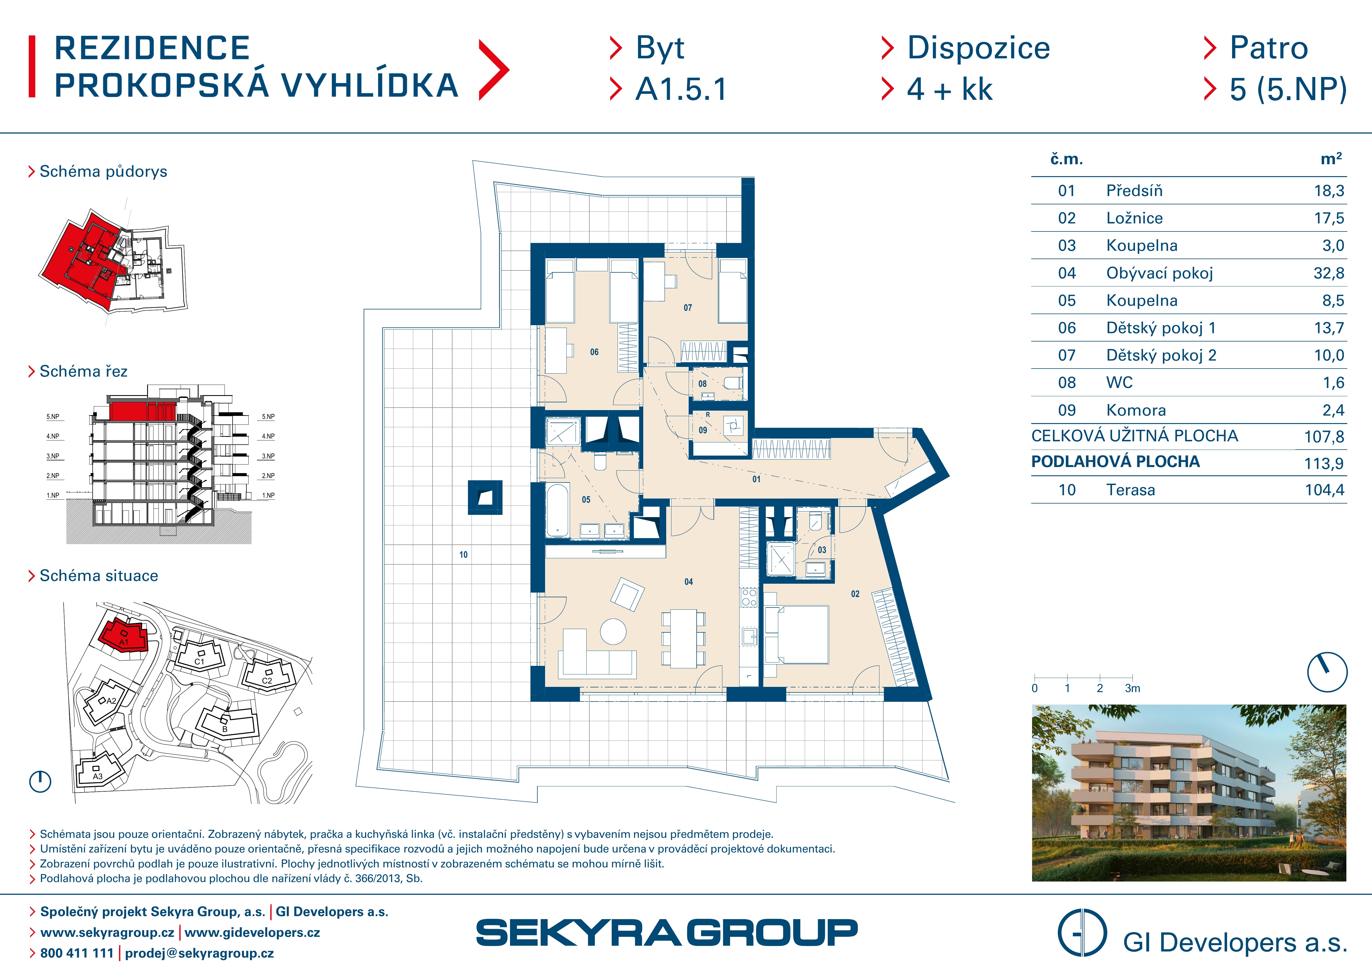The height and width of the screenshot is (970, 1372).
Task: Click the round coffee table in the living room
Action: pos(613,631)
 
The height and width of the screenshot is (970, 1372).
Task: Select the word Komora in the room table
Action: pos(1136,410)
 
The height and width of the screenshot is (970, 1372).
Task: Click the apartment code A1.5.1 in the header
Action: pos(681,90)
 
